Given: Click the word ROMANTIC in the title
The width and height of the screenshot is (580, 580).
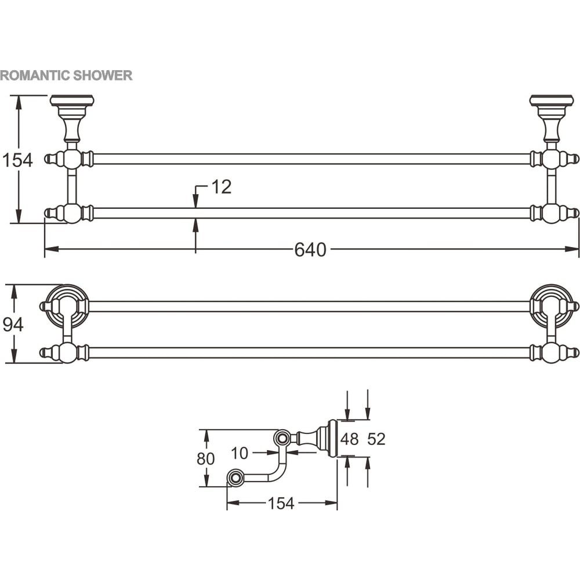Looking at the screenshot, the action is (x=35, y=75).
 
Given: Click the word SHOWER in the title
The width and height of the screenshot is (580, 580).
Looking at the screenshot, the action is (x=103, y=75).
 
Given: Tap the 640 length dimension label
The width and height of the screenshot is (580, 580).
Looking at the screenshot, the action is (x=310, y=249).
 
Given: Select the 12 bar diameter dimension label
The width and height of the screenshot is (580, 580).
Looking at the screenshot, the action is (x=221, y=187).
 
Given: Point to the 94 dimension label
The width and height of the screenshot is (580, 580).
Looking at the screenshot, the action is (x=13, y=324).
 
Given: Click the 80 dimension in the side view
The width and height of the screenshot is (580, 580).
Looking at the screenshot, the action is (x=206, y=459).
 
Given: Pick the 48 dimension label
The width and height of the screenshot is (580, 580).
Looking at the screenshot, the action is (x=350, y=439).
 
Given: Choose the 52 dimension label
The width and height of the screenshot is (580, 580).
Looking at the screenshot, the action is (x=376, y=439).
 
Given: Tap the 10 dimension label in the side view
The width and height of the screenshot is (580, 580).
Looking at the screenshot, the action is (x=240, y=453).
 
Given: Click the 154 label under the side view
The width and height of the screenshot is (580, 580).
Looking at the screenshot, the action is (x=281, y=503).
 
